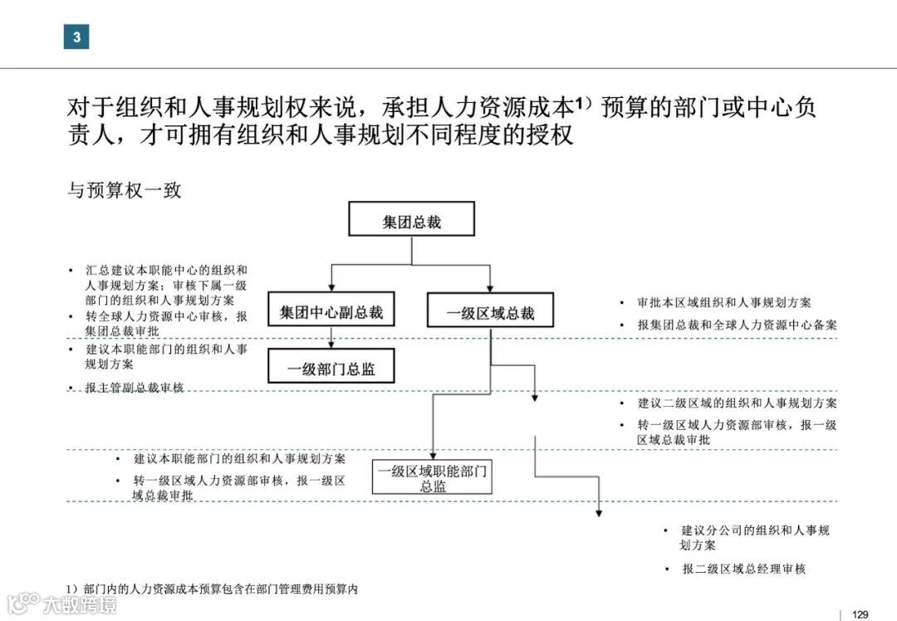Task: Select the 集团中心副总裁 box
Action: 331,313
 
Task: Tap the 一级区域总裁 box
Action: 490,313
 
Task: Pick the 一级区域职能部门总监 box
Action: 433,478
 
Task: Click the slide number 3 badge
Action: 76,37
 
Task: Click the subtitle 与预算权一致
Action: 124,190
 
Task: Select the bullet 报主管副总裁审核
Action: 134,388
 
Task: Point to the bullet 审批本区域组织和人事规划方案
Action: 723,303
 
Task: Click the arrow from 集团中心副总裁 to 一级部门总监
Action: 331,337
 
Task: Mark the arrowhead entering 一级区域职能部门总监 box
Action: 433,453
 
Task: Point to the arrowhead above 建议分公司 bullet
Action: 598,512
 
